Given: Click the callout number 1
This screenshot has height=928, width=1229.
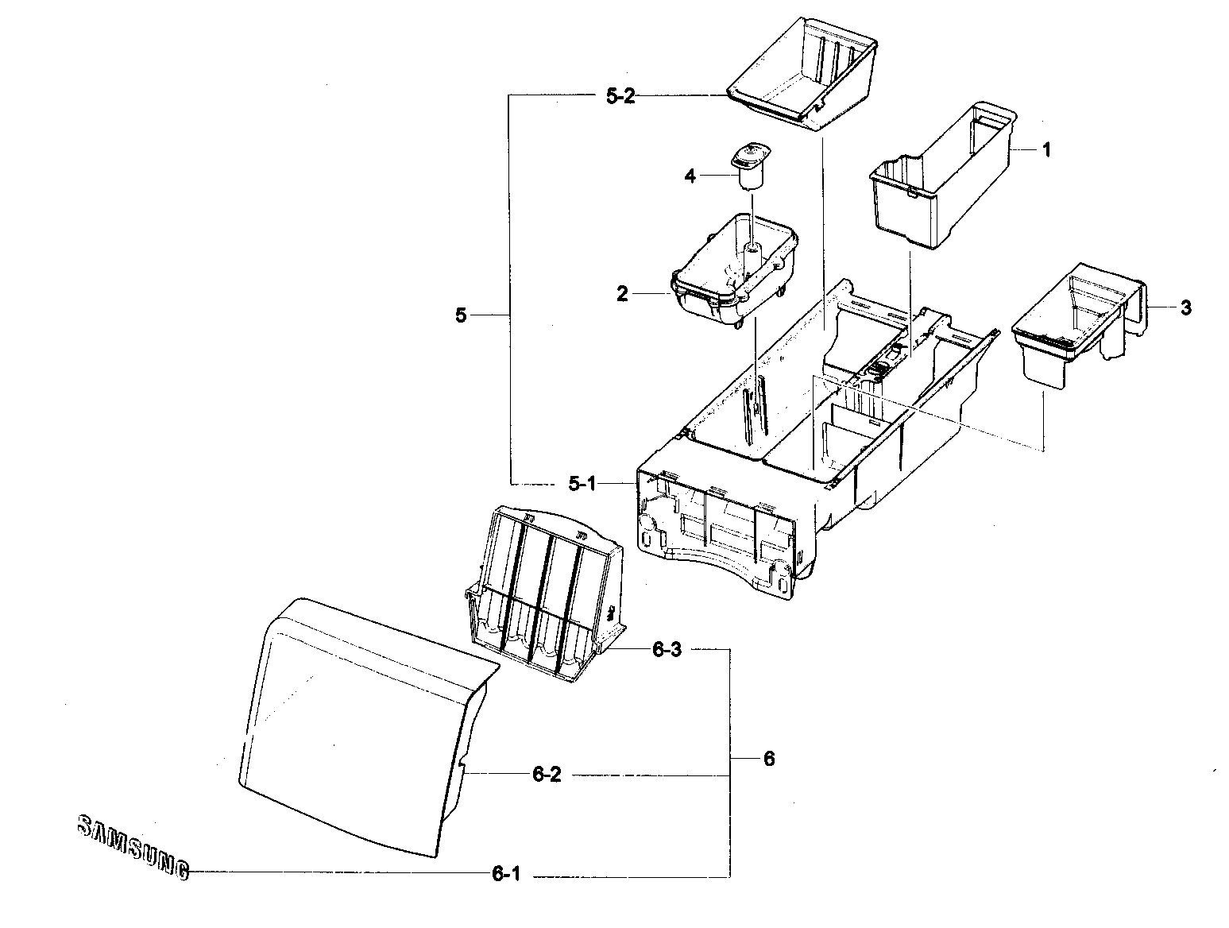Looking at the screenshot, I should click(x=1046, y=149).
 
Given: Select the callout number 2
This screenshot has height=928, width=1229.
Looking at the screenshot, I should click(x=622, y=294).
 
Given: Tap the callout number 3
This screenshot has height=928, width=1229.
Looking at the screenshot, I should click(x=1185, y=307).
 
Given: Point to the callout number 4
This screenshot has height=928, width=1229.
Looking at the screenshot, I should click(x=690, y=176).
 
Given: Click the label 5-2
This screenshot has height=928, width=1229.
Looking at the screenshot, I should click(x=620, y=97).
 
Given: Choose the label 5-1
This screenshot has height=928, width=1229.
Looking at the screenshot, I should click(x=582, y=483).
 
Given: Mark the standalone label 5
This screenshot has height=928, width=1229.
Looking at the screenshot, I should click(x=461, y=315).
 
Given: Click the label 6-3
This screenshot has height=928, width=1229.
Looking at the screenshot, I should click(x=667, y=649).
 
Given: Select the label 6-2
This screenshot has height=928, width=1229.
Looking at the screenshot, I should click(x=547, y=775).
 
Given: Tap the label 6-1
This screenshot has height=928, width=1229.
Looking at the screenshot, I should click(x=506, y=875).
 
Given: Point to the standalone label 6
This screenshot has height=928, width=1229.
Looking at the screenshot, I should click(x=768, y=758).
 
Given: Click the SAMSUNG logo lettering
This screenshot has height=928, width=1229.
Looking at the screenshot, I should click(x=133, y=846).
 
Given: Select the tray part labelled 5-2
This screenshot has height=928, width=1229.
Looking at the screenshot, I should click(x=802, y=75).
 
